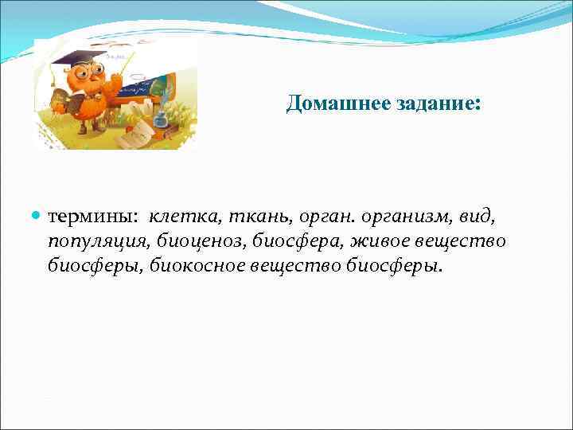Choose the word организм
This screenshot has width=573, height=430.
(x=403, y=217)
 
